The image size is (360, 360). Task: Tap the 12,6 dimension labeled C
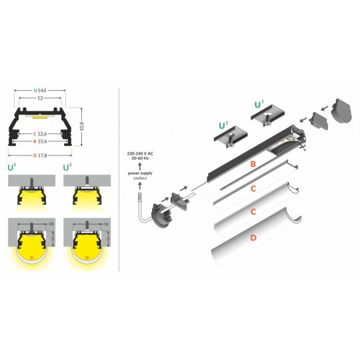[45, 133]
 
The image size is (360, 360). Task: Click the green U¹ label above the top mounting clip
[259, 105]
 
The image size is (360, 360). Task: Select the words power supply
[139, 173]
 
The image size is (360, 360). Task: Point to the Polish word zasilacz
[139, 179]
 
